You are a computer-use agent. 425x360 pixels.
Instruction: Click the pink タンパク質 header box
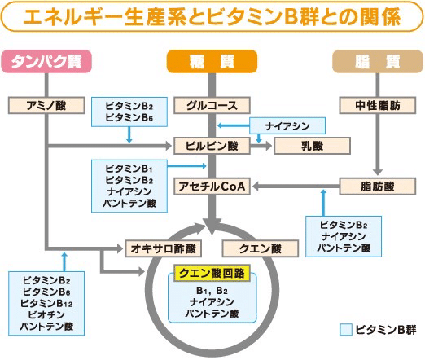coord(46,62)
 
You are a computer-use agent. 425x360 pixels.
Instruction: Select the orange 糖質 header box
coord(212,62)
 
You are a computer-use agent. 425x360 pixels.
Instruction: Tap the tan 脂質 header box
coord(378,62)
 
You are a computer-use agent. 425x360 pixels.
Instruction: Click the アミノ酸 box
coord(46,105)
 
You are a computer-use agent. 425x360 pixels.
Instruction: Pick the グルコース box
coord(212,105)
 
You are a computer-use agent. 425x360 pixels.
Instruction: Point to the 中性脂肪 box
coord(378,105)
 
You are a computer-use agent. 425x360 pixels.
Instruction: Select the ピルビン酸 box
coord(212,146)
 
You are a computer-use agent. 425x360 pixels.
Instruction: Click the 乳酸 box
coord(312,146)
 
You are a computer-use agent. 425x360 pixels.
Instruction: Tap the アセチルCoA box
coord(212,187)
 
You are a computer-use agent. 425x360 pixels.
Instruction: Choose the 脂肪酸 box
coord(378,187)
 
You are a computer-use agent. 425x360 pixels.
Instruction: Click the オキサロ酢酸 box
coord(163,248)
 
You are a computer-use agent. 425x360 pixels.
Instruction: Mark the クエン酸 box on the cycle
coord(261,248)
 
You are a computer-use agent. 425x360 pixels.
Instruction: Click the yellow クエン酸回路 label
coord(212,273)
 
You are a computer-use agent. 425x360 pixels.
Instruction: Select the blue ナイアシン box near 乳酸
coord(287,125)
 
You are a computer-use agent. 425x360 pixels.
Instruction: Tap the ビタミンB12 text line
coord(46,303)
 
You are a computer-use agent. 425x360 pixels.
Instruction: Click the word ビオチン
coord(46,314)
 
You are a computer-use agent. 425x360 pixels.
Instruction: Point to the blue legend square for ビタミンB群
coord(346,330)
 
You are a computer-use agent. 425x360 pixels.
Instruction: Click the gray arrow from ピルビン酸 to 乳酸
coord(261,146)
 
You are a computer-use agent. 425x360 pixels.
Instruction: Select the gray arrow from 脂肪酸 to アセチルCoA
coord(296,187)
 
